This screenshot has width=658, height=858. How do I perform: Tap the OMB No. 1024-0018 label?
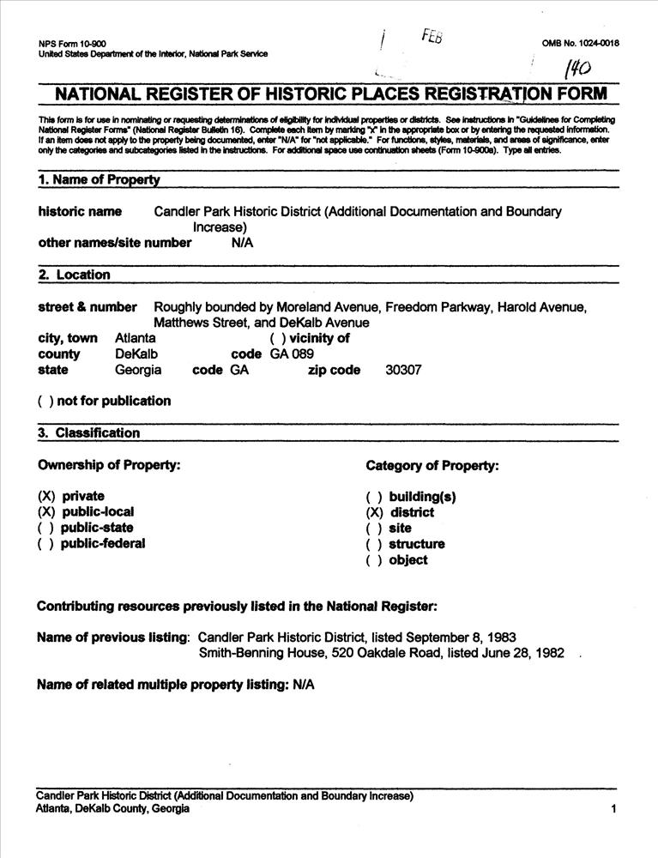[580, 43]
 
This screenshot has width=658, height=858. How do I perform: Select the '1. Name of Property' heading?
[100, 180]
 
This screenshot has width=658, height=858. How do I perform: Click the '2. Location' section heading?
[75, 275]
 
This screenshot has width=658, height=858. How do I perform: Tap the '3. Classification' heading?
[88, 433]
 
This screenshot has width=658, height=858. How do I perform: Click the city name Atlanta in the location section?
[136, 338]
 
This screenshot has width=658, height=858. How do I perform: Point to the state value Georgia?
[139, 371]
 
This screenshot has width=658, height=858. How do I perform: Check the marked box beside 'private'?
[46, 496]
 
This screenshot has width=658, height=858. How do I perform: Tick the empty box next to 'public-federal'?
[46, 543]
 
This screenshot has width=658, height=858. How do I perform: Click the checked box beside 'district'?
[374, 512]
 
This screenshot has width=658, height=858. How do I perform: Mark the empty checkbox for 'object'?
[374, 560]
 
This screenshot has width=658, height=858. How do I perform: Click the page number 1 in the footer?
[614, 808]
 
